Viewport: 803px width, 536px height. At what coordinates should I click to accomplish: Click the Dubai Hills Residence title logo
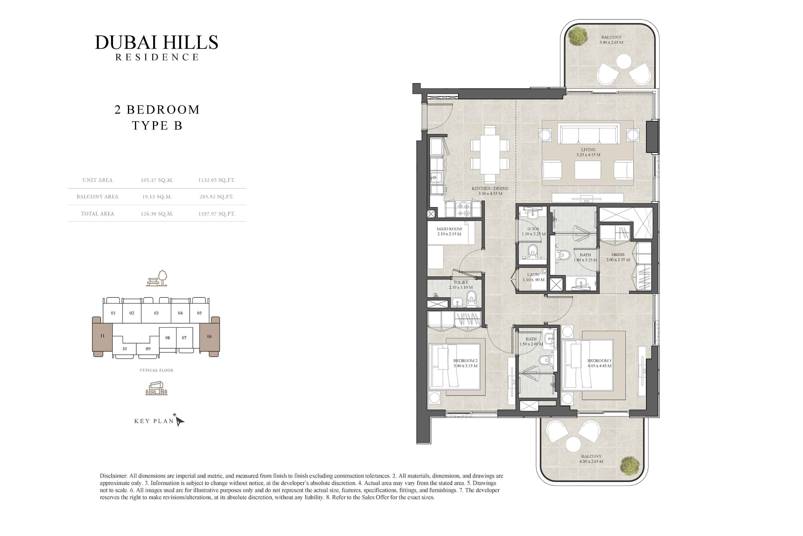[157, 47]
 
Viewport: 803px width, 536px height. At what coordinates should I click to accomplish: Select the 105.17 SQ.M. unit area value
[157, 180]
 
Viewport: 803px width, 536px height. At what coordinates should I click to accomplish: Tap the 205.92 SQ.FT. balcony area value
[217, 197]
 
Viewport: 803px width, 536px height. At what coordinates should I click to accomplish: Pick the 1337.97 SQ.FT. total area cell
[217, 214]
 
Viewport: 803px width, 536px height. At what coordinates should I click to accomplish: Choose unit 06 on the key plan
[209, 336]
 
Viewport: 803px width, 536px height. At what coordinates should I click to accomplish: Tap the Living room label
[588, 152]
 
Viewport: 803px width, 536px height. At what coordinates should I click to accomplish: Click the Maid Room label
[449, 231]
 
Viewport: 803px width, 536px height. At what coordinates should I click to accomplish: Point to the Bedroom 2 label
[465, 363]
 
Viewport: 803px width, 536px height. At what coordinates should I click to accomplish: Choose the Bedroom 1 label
[599, 363]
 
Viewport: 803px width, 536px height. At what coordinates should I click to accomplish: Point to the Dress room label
[618, 257]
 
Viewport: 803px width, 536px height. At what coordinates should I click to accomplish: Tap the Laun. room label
[533, 277]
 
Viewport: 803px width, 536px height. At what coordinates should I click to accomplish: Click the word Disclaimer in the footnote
[113, 476]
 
